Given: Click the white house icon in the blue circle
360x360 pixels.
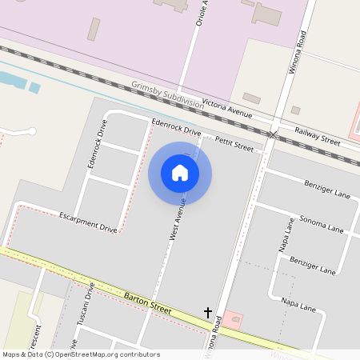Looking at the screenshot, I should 180,173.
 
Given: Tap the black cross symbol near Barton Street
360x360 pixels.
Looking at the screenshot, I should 208,312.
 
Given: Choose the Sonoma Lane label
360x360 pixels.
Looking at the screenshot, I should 321,223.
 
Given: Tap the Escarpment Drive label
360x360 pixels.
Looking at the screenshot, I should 88,222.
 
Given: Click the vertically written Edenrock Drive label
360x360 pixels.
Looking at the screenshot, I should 96,144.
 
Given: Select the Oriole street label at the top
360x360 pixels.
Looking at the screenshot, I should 201,14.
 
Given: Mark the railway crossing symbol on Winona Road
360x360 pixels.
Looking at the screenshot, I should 274,134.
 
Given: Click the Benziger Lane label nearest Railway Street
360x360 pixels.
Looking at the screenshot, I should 327,189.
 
